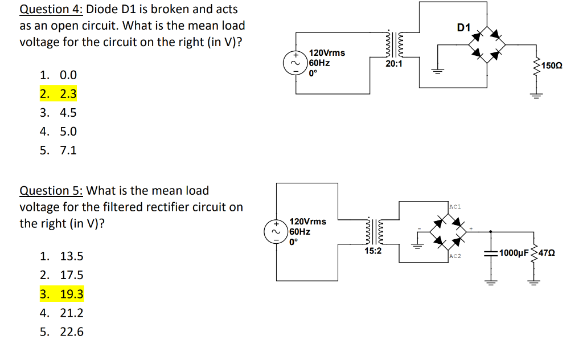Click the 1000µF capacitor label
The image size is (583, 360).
(515, 252)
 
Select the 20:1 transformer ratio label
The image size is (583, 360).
(393, 64)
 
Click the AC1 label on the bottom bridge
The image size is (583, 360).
(455, 206)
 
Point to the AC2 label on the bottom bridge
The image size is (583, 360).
(455, 256)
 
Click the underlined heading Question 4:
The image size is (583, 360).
(51, 9)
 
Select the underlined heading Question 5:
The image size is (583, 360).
(51, 190)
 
